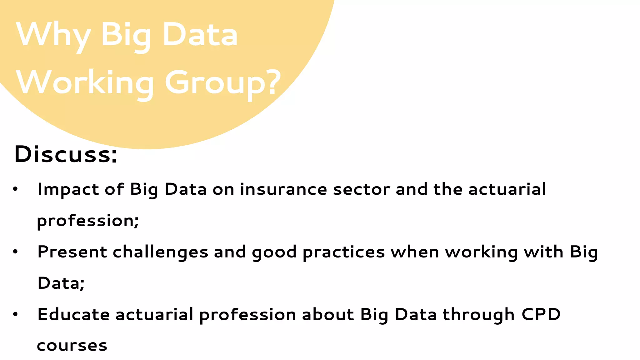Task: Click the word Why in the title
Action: tap(53, 35)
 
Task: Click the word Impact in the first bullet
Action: tap(68, 190)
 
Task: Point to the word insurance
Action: tap(283, 190)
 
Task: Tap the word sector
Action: tap(361, 190)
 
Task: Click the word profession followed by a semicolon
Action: tap(88, 221)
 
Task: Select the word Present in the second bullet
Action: tap(72, 252)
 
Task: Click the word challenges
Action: tap(160, 252)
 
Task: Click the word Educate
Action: tap(73, 314)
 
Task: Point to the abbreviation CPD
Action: tap(541, 314)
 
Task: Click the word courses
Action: tap(72, 346)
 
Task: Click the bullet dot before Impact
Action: tap(15, 189)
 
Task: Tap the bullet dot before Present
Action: tap(15, 252)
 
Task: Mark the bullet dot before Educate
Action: tap(15, 315)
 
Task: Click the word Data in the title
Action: tap(200, 35)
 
